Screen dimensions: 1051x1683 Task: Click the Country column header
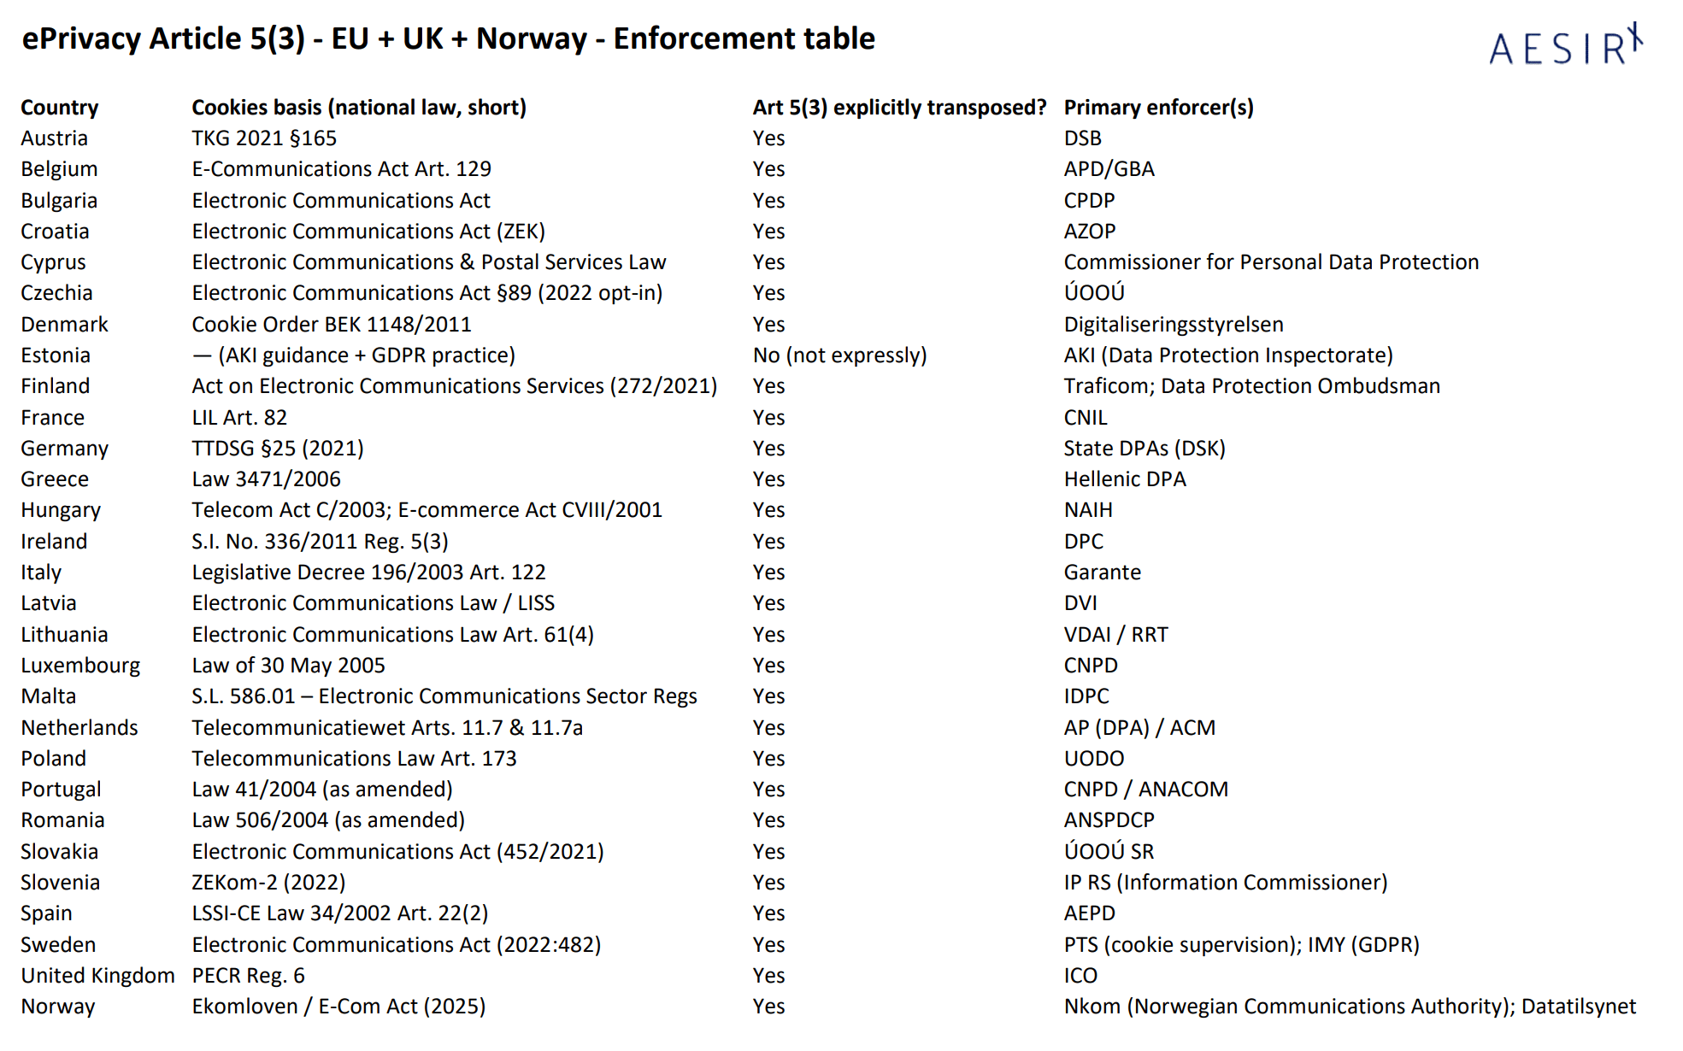click(60, 108)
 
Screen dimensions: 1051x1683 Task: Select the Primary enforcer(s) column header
click(1158, 108)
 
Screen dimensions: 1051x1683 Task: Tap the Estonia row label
click(56, 355)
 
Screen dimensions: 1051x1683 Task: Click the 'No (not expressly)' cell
click(839, 355)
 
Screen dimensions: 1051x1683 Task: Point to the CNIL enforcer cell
click(1086, 418)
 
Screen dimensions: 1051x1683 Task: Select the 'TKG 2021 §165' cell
click(264, 138)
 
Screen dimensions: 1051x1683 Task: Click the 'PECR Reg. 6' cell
click(248, 976)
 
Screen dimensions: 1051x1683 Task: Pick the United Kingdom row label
click(97, 976)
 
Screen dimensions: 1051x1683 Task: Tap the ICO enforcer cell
click(1080, 976)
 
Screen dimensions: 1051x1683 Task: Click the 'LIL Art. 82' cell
click(239, 418)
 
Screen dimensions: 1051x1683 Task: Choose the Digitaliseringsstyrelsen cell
click(1174, 325)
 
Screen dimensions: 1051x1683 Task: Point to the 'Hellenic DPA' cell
click(1125, 479)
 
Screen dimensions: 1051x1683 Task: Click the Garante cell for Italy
click(1102, 572)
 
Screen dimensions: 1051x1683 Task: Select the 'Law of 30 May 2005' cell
click(288, 666)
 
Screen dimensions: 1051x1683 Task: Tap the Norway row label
click(58, 1007)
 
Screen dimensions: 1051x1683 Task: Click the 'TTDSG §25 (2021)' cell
click(278, 449)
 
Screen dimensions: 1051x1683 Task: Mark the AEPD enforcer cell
click(1089, 913)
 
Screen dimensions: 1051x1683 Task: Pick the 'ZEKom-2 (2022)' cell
click(268, 883)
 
